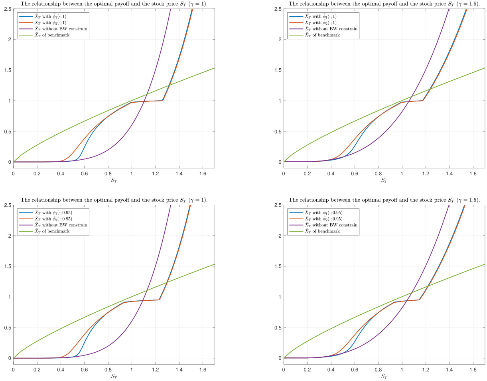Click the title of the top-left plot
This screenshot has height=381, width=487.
[x=114, y=4]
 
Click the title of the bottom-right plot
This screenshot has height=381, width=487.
[x=384, y=200]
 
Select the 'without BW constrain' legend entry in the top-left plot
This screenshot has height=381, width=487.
[x=56, y=29]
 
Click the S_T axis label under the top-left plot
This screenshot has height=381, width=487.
[x=114, y=180]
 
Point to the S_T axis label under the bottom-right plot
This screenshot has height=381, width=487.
[x=384, y=376]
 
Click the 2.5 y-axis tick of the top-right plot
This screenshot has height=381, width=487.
[x=278, y=9]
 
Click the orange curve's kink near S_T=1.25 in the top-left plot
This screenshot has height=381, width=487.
[x=162, y=100]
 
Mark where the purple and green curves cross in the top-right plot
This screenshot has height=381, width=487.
[x=411, y=96]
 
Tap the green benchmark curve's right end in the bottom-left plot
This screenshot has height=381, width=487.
[x=214, y=264]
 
